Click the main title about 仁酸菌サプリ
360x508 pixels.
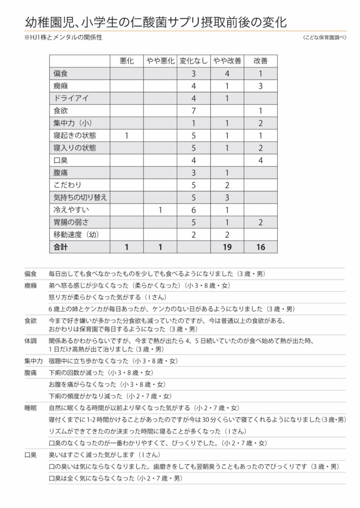[x=155, y=21]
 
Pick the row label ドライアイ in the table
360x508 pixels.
[x=71, y=98]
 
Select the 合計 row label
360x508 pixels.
[x=61, y=247]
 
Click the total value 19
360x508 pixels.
[x=227, y=247]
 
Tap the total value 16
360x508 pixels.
[x=260, y=247]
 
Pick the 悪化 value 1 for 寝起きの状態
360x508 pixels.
[x=127, y=135]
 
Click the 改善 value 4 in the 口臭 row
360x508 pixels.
[x=260, y=160]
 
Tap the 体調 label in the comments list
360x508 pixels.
[x=31, y=338]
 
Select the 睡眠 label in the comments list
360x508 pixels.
[x=31, y=408]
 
